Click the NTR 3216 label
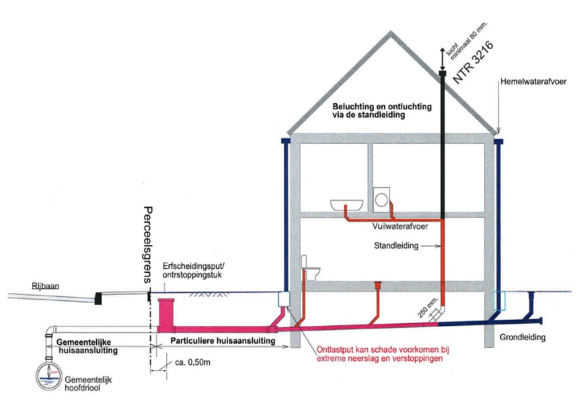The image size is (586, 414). click(x=474, y=63)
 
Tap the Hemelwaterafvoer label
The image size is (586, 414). click(x=534, y=82)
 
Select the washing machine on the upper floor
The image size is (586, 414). click(x=381, y=199)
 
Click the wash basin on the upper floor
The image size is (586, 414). click(x=347, y=204)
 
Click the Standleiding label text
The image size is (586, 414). click(x=397, y=246)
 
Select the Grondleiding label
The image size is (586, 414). click(x=522, y=337)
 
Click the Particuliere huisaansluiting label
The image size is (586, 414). click(x=221, y=340)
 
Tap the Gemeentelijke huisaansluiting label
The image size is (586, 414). click(x=88, y=345)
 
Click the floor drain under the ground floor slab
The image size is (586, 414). click(x=377, y=284)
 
